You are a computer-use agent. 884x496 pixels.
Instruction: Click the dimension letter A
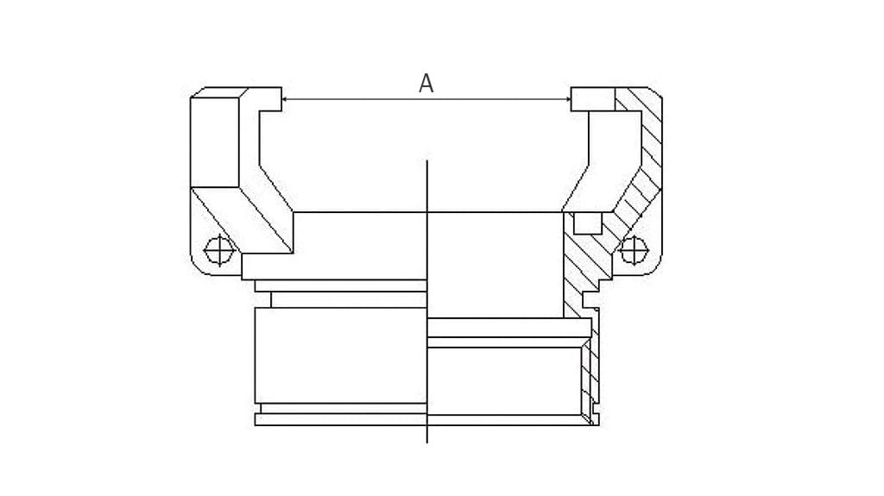pyautogui.click(x=426, y=84)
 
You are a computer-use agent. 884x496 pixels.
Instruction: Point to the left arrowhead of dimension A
pyautogui.click(x=285, y=99)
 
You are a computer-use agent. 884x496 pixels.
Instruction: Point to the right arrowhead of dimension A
pyautogui.click(x=567, y=99)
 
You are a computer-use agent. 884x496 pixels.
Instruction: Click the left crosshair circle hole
pyautogui.click(x=218, y=249)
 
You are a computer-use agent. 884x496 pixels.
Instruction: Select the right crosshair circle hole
pyautogui.click(x=634, y=249)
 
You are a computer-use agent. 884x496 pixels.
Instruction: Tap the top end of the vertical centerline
pyautogui.click(x=427, y=160)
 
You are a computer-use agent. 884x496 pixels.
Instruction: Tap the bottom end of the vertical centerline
pyautogui.click(x=427, y=443)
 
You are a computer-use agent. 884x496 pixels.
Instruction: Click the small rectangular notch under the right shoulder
pyautogui.click(x=587, y=223)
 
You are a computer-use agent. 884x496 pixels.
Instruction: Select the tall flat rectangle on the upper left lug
pyautogui.click(x=215, y=142)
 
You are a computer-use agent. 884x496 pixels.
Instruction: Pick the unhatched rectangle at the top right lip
pyautogui.click(x=592, y=98)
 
